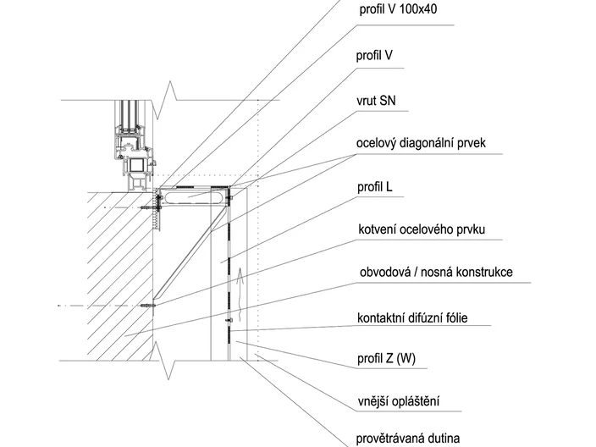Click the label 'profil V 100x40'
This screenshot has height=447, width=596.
398,9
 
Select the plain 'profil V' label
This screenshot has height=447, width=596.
374,56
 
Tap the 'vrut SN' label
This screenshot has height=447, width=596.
376,101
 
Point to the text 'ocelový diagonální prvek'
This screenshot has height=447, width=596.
421,143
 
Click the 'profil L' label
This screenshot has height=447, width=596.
374,187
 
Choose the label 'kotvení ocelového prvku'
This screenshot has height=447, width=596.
422,229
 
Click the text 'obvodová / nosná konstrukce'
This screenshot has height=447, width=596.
436,272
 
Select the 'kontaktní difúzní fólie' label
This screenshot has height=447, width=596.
412,317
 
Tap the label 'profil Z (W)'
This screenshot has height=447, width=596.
386,358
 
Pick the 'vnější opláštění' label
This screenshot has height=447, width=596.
399,401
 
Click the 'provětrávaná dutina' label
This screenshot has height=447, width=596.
408,439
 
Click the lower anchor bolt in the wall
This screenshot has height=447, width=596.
148,306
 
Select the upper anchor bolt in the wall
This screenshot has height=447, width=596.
149,207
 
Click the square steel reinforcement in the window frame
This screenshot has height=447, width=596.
136,165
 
